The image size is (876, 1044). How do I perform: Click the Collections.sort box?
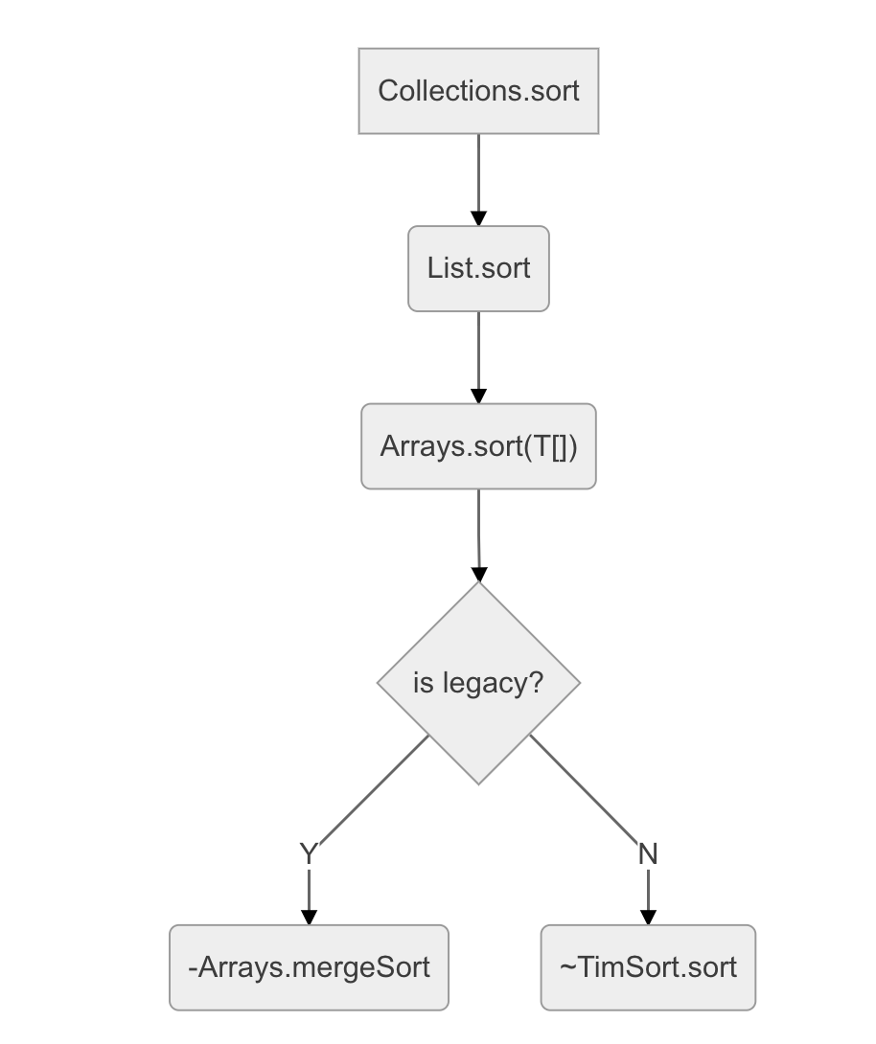(478, 91)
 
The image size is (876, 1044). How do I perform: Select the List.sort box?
(478, 268)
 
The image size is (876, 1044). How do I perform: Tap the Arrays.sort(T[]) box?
(478, 446)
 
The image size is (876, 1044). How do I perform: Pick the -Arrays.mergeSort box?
(309, 967)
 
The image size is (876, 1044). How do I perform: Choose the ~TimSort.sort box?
(648, 967)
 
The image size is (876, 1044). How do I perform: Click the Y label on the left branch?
(308, 853)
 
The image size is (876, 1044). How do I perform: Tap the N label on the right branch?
(648, 853)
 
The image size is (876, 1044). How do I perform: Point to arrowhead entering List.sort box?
(478, 218)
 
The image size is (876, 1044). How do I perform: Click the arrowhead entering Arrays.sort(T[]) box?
(478, 396)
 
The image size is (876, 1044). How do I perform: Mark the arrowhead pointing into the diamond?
(478, 575)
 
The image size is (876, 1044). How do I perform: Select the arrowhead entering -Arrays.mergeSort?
(309, 917)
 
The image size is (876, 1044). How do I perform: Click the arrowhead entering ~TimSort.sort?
(648, 917)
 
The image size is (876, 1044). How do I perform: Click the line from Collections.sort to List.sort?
(478, 172)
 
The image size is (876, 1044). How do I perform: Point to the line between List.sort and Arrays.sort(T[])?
(478, 350)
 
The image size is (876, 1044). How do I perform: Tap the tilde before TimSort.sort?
(566, 967)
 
